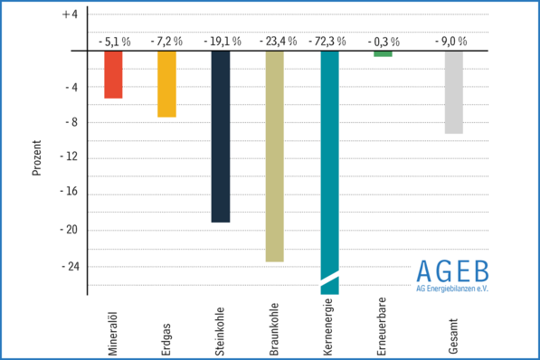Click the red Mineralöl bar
(x=113, y=74)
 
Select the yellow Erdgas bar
(x=166, y=83)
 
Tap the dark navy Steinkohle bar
(x=221, y=136)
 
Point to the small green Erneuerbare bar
(x=383, y=53)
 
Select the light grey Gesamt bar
(x=454, y=92)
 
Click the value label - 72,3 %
(x=329, y=42)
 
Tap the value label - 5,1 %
(x=113, y=42)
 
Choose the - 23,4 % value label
(x=275, y=42)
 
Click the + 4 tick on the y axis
(x=70, y=15)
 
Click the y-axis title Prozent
(x=37, y=157)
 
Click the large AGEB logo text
(x=452, y=270)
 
